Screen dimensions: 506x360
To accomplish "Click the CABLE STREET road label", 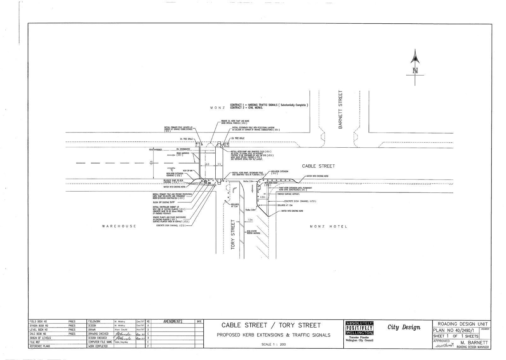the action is tap(318, 166).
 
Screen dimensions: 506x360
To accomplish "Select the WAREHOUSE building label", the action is tap(119, 226).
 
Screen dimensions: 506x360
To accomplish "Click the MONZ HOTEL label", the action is tap(328, 226).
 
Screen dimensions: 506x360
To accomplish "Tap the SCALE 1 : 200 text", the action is tap(273, 344).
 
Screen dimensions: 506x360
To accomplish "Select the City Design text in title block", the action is tap(404, 327).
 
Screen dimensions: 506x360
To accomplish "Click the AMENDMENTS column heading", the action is tap(173, 322).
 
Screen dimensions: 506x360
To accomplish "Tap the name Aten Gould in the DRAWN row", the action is tap(121, 329).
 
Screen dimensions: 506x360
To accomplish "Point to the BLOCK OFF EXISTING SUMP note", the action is tap(164, 202).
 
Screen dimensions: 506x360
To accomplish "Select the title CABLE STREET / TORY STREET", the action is tap(271, 325).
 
